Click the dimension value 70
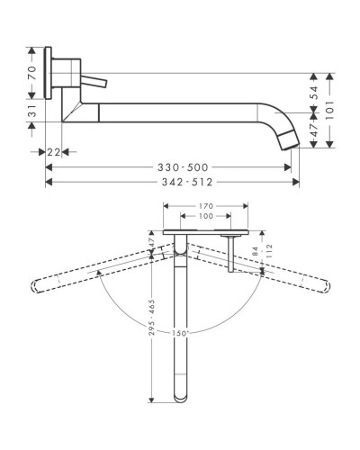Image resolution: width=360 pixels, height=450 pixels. point(32,73)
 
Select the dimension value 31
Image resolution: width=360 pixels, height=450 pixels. point(32,111)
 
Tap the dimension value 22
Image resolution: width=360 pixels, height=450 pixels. point(54,152)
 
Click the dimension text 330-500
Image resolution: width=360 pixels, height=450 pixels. point(183,167)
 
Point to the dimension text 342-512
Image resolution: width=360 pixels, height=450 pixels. point(187,182)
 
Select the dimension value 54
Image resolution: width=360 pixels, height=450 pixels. point(314,93)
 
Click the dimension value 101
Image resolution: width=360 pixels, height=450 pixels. point(329,110)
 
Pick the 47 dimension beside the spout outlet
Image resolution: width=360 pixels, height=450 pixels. point(314,130)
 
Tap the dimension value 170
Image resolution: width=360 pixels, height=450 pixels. point(206,206)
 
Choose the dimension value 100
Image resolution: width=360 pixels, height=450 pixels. point(206,216)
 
